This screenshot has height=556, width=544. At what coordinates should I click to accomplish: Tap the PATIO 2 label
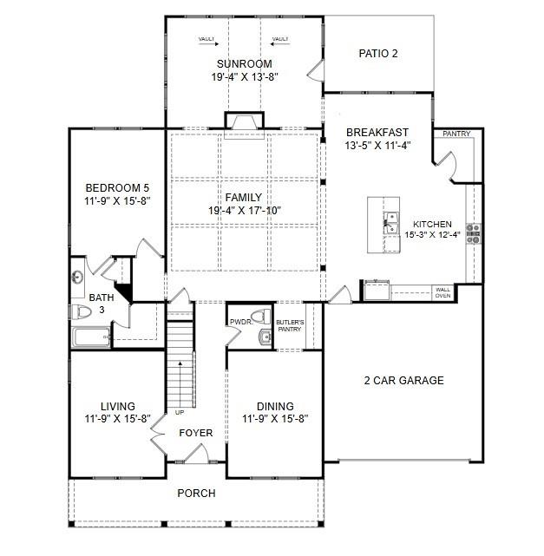[x=377, y=54]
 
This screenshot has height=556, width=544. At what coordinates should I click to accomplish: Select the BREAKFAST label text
[x=377, y=132]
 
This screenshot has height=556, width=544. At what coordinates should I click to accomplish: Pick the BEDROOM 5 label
[x=117, y=188]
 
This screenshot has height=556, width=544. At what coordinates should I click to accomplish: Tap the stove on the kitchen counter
[x=473, y=231]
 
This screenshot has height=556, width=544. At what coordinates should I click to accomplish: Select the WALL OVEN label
[x=442, y=293]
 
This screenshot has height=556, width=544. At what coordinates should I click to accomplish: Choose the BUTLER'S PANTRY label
[x=290, y=326]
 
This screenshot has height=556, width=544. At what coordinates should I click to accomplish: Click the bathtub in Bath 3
[x=90, y=337]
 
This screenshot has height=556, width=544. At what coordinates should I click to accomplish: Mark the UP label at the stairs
[x=179, y=412]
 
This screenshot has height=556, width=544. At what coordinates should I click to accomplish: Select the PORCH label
[x=196, y=493]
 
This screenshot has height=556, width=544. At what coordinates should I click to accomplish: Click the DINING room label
[x=275, y=406]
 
